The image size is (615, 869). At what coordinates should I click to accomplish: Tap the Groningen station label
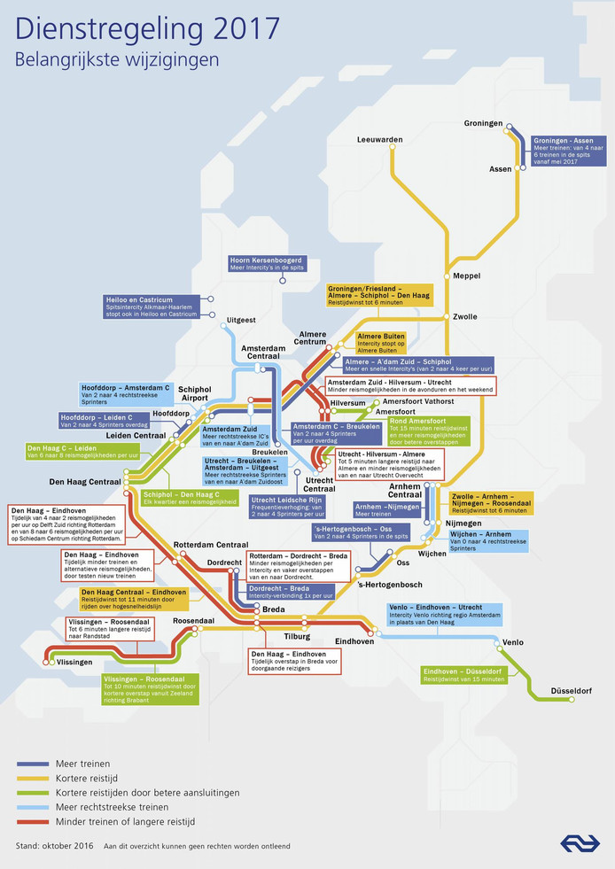(483, 123)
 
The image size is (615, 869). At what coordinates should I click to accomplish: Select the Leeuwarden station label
(379, 140)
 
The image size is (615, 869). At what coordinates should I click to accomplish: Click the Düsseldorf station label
(571, 690)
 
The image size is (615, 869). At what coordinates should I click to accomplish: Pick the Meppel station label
(466, 276)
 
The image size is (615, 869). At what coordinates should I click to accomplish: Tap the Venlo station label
(512, 641)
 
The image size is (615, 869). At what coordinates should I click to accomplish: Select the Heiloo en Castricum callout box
(151, 306)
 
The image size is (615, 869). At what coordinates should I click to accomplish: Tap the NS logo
(580, 842)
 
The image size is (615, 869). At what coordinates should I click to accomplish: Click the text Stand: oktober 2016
(52, 846)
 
